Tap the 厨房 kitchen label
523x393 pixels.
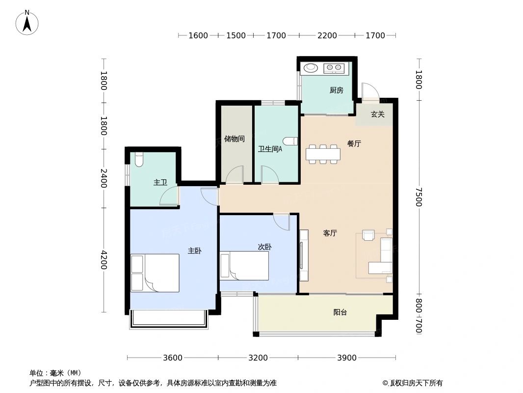click(336, 90)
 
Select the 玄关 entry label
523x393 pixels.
click(377, 114)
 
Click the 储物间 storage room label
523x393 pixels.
click(234, 139)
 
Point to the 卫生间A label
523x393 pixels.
click(270, 149)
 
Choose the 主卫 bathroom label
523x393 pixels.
click(160, 182)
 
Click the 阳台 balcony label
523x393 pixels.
click(340, 312)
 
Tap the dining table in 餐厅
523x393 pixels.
click(323, 154)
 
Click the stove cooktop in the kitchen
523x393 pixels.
click(334, 68)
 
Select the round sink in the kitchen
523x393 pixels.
click(311, 68)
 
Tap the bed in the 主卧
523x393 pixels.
click(155, 273)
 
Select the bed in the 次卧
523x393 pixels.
click(244, 266)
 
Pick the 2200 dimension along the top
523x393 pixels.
click(327, 35)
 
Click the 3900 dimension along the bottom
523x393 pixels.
click(346, 358)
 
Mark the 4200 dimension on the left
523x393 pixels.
click(104, 259)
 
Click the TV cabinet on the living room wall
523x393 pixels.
click(304, 255)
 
